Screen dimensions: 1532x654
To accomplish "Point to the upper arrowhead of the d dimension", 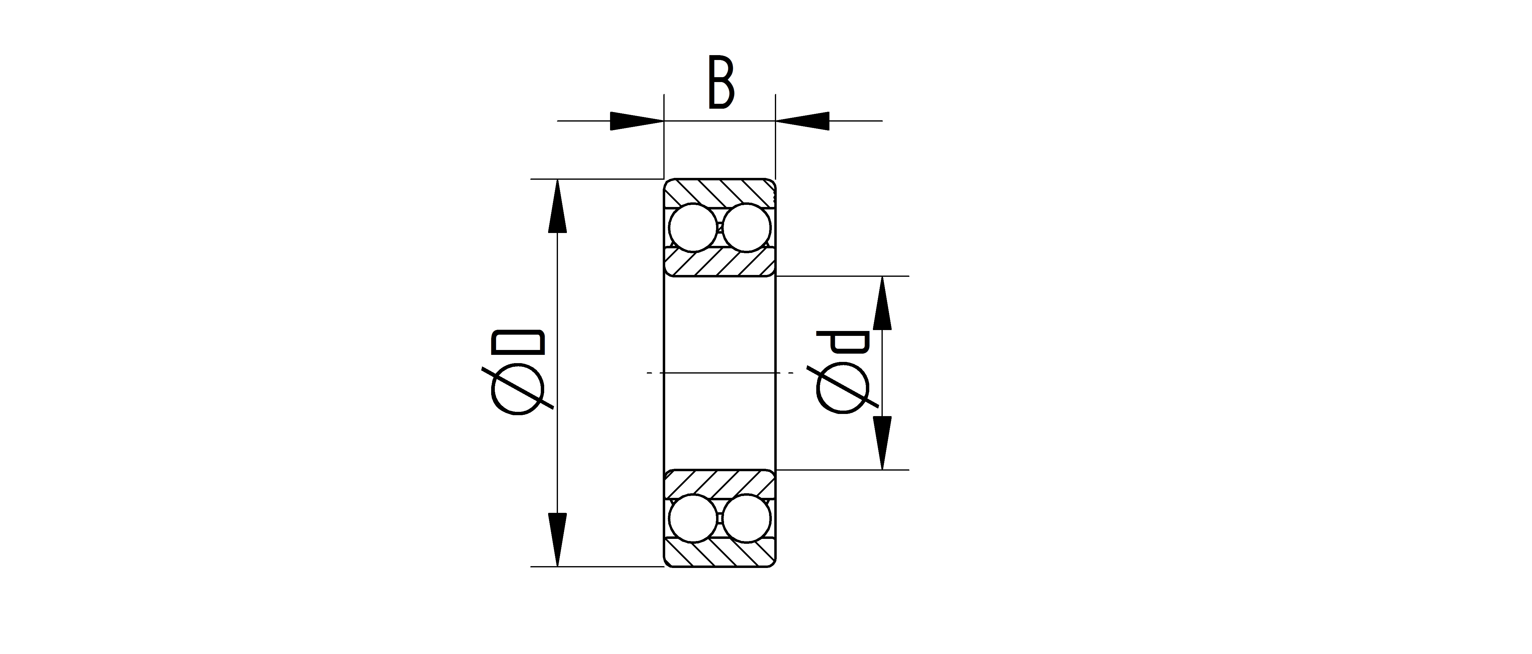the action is (882, 303).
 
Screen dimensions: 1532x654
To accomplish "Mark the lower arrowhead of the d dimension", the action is (882, 443).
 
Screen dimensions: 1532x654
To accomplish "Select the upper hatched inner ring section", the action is (720, 261).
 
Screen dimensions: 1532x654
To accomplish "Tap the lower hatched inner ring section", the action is (720, 485).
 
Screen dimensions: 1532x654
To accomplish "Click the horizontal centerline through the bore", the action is (720, 373).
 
